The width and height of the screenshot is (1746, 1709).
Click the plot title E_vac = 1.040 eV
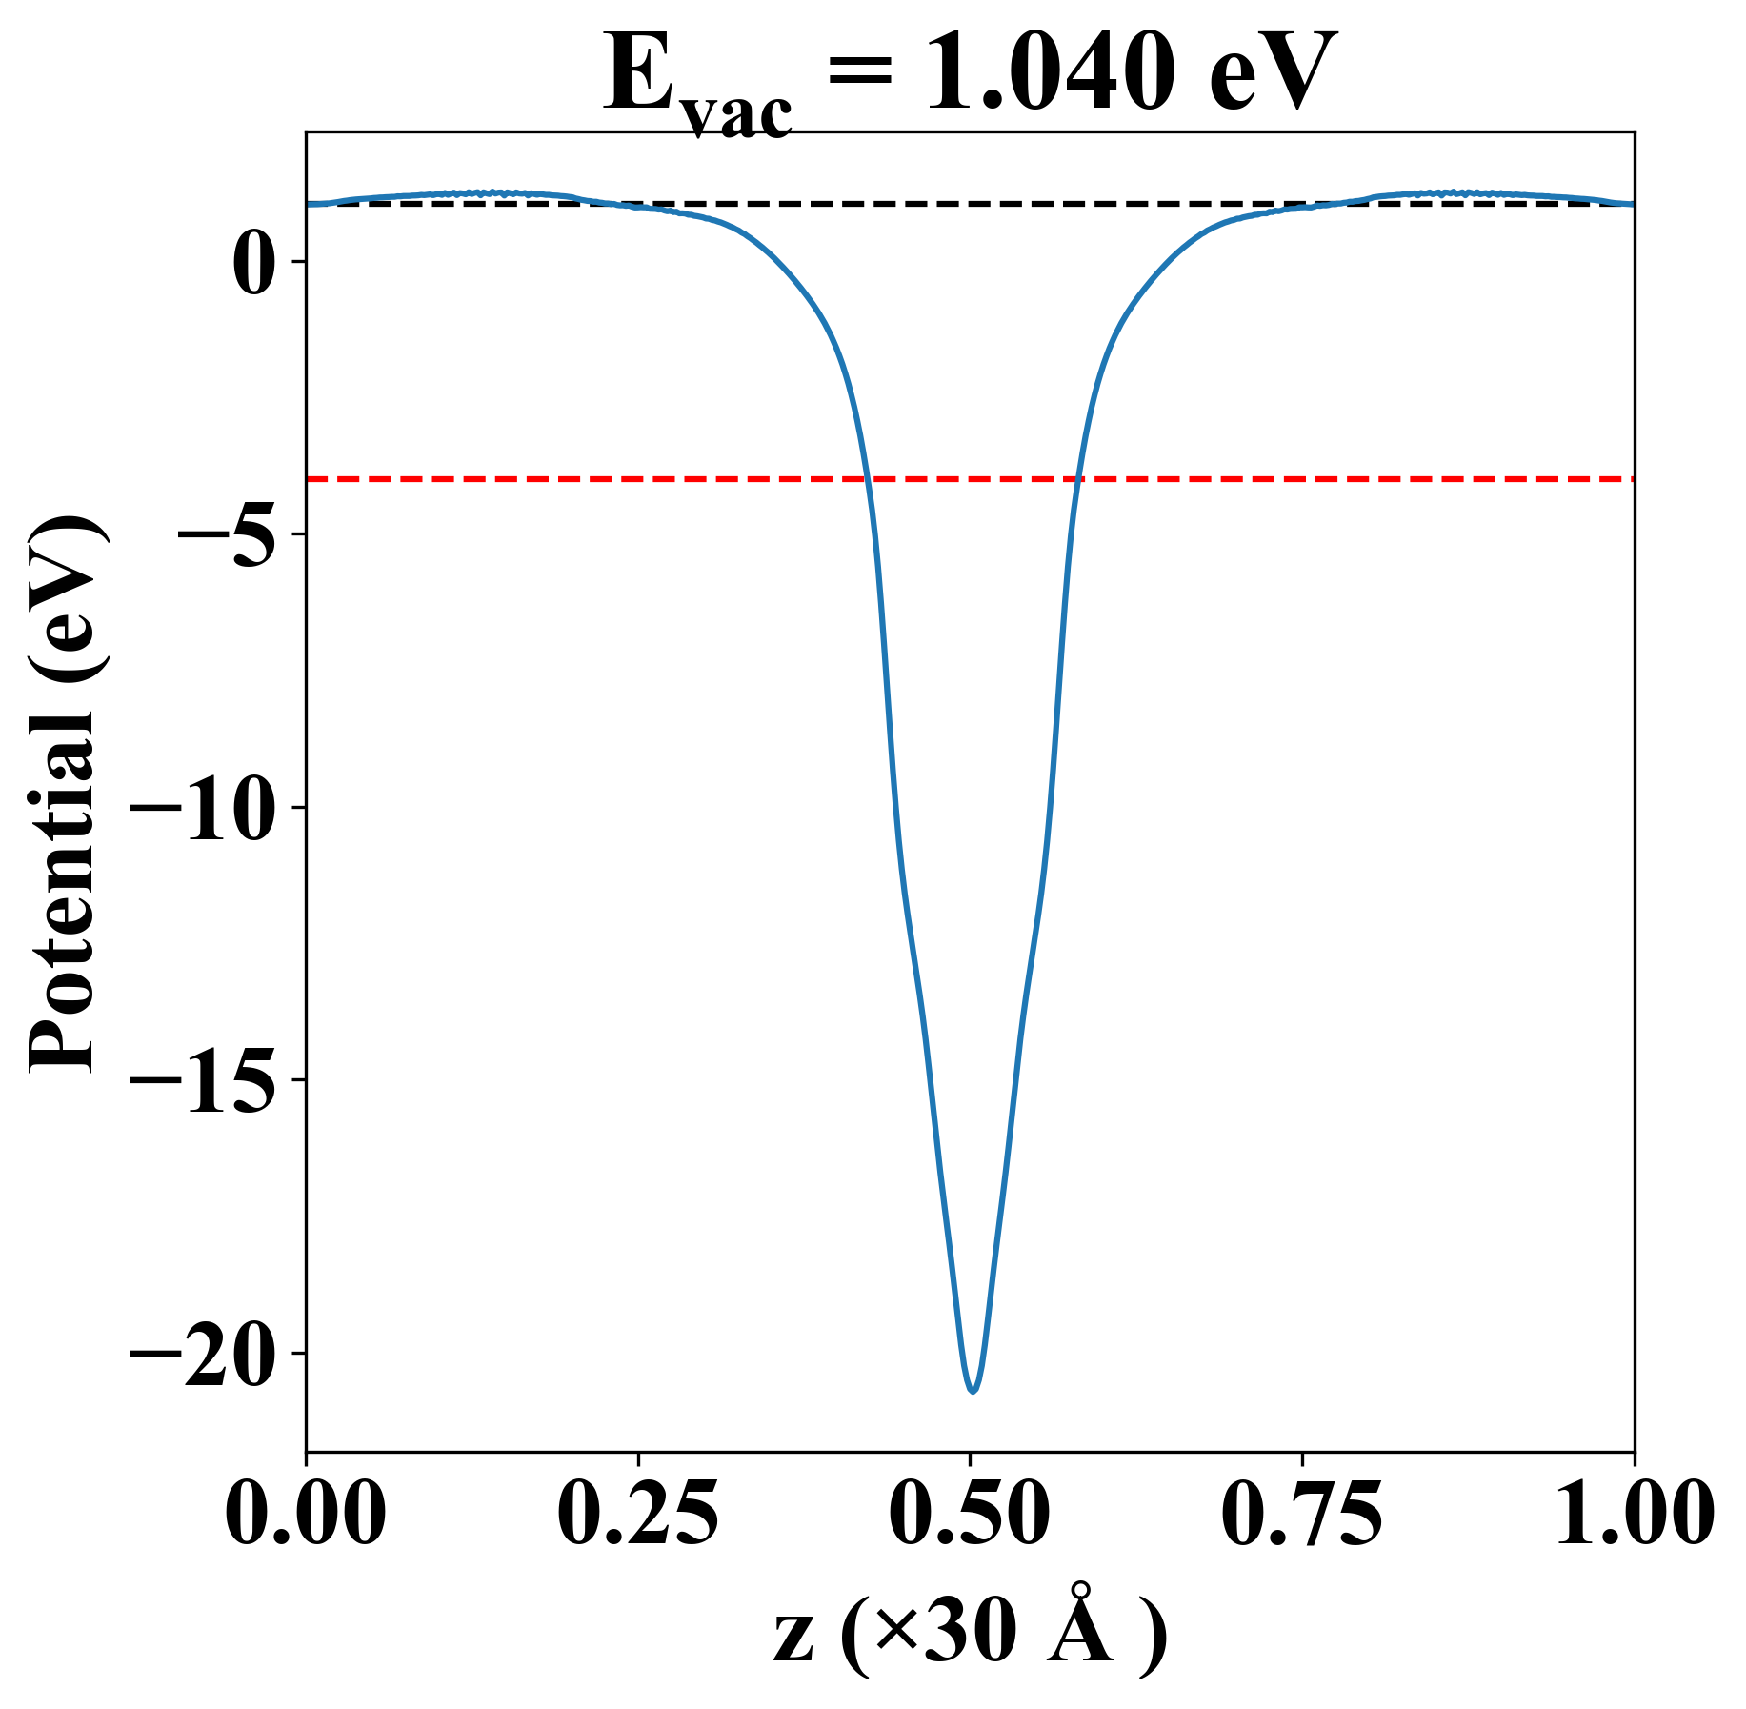(970, 76)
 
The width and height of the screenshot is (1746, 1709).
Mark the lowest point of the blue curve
(973, 1392)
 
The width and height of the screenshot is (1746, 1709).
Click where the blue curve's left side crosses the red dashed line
(868, 479)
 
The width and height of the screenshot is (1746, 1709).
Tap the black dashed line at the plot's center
(970, 204)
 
